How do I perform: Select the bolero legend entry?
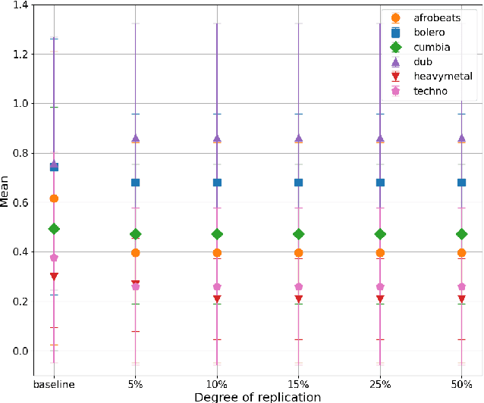pyautogui.click(x=428, y=33)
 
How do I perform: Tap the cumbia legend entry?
pyautogui.click(x=429, y=47)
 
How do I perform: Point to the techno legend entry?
pyautogui.click(x=429, y=91)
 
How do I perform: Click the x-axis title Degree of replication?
pyautogui.click(x=258, y=396)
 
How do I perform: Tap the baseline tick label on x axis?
pyautogui.click(x=54, y=384)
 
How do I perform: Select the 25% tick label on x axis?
pyautogui.click(x=380, y=384)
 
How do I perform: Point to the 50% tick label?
pyautogui.click(x=461, y=384)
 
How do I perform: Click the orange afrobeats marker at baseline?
pyautogui.click(x=54, y=198)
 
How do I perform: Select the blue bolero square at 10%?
pyautogui.click(x=217, y=183)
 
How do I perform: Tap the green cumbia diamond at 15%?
pyautogui.click(x=299, y=234)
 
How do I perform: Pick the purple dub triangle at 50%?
pyautogui.click(x=461, y=139)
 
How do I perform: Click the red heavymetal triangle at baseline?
pyautogui.click(x=54, y=276)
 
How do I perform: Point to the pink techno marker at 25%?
pyautogui.click(x=380, y=287)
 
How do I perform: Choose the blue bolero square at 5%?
pyautogui.click(x=136, y=183)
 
